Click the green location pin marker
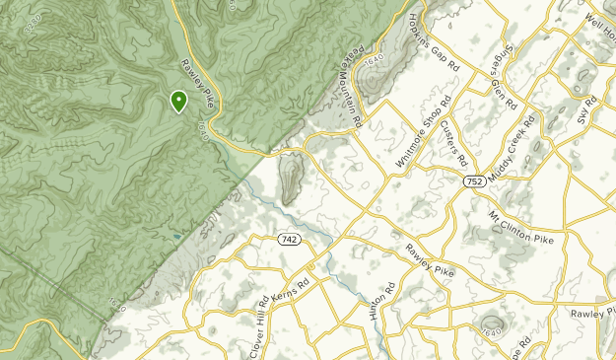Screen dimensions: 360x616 [x=178, y=101]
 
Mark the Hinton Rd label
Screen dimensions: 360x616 [x=370, y=302]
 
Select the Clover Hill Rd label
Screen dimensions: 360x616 [x=258, y=326]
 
